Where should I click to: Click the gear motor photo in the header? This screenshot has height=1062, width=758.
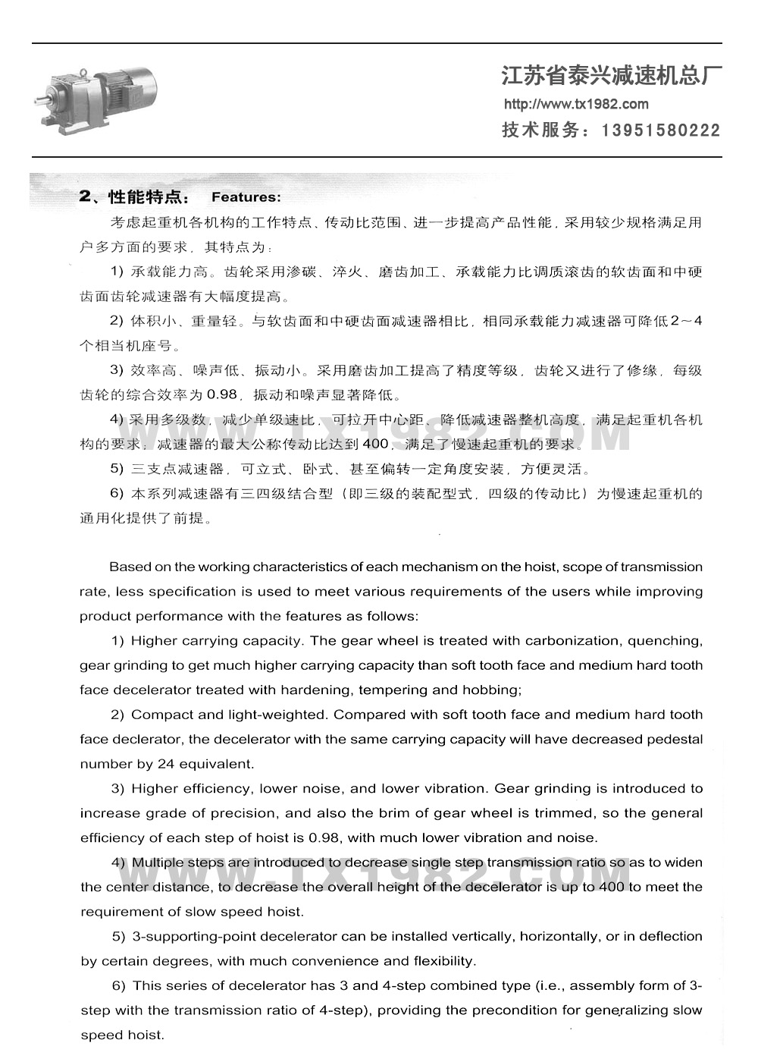point(97,99)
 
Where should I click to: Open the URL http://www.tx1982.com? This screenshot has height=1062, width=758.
point(576,105)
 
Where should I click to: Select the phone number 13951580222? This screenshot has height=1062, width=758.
point(660,130)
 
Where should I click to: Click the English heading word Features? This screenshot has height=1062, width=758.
point(246,197)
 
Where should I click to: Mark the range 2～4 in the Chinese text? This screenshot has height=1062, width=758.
point(687,321)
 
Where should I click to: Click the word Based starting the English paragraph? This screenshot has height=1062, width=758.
point(130,567)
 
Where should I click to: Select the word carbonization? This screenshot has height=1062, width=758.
point(572,640)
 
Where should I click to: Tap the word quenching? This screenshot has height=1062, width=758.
point(665,640)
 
